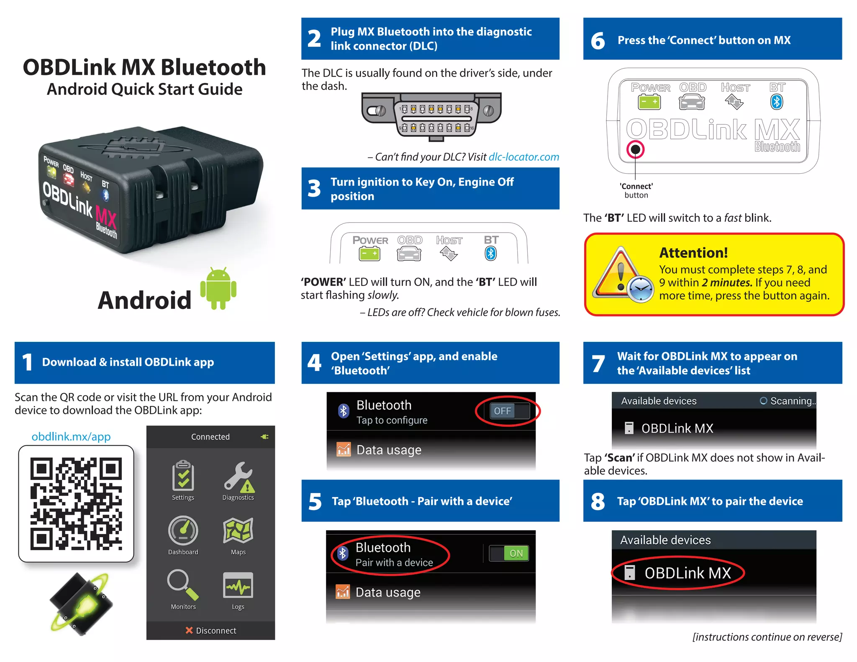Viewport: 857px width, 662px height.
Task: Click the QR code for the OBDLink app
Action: (76, 503)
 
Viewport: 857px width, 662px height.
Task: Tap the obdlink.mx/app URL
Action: (71, 436)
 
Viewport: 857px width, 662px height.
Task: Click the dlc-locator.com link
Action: (523, 157)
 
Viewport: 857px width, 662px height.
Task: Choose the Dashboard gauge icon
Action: (183, 531)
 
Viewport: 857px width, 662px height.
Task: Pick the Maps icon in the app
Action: (238, 531)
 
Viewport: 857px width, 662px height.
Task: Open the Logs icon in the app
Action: (238, 585)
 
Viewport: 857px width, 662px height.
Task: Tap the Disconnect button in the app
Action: (211, 631)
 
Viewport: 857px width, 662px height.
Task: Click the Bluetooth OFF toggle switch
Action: (508, 411)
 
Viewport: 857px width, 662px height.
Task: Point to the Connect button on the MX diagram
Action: (635, 149)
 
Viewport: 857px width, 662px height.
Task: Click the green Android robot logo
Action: (218, 289)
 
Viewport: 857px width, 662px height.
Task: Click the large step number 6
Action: (598, 41)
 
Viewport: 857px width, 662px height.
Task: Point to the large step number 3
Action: (314, 189)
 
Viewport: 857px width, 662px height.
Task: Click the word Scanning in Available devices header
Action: (792, 401)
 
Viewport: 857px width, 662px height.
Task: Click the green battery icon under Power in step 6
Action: (649, 102)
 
